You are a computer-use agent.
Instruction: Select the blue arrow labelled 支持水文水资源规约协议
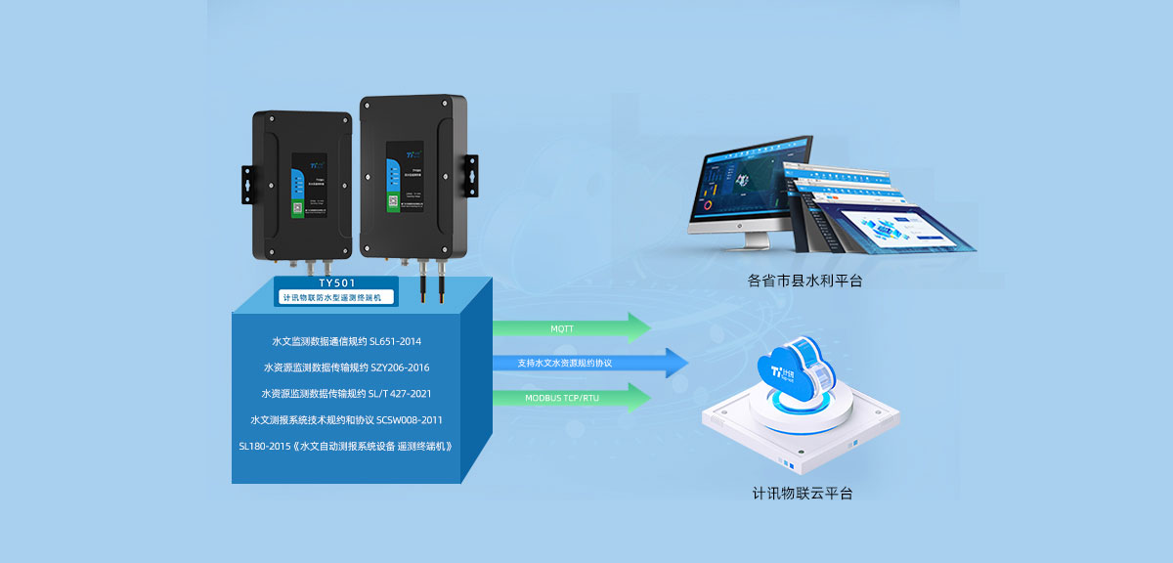(x=586, y=363)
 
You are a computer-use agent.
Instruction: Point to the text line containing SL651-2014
(x=346, y=341)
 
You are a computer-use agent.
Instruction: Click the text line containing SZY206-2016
(x=346, y=368)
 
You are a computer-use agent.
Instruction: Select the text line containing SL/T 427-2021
(x=346, y=394)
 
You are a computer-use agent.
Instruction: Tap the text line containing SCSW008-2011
(x=346, y=420)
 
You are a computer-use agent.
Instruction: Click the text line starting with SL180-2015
(x=346, y=447)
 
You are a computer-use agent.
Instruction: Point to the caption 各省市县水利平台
(x=804, y=281)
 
